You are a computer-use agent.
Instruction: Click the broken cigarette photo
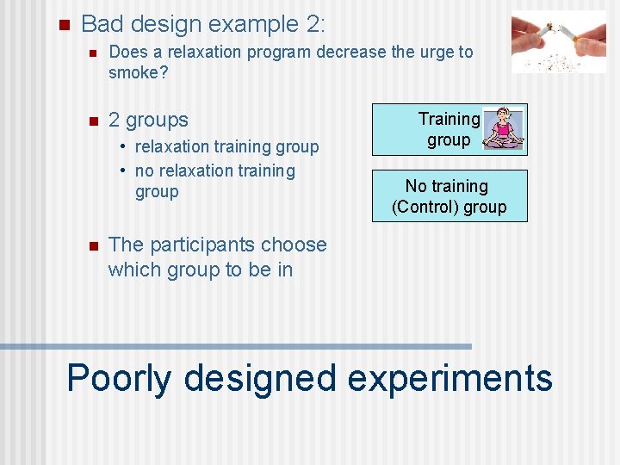click(558, 41)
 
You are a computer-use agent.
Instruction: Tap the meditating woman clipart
click(504, 129)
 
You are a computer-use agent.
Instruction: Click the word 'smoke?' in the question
click(138, 73)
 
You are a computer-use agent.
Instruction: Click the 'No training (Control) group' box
click(449, 196)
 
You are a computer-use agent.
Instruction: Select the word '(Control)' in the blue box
click(425, 208)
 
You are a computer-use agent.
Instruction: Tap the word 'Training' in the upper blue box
click(449, 119)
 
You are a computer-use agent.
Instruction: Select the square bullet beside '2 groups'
click(92, 121)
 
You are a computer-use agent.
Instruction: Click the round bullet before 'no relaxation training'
click(125, 170)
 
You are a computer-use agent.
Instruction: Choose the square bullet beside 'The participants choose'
click(92, 245)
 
